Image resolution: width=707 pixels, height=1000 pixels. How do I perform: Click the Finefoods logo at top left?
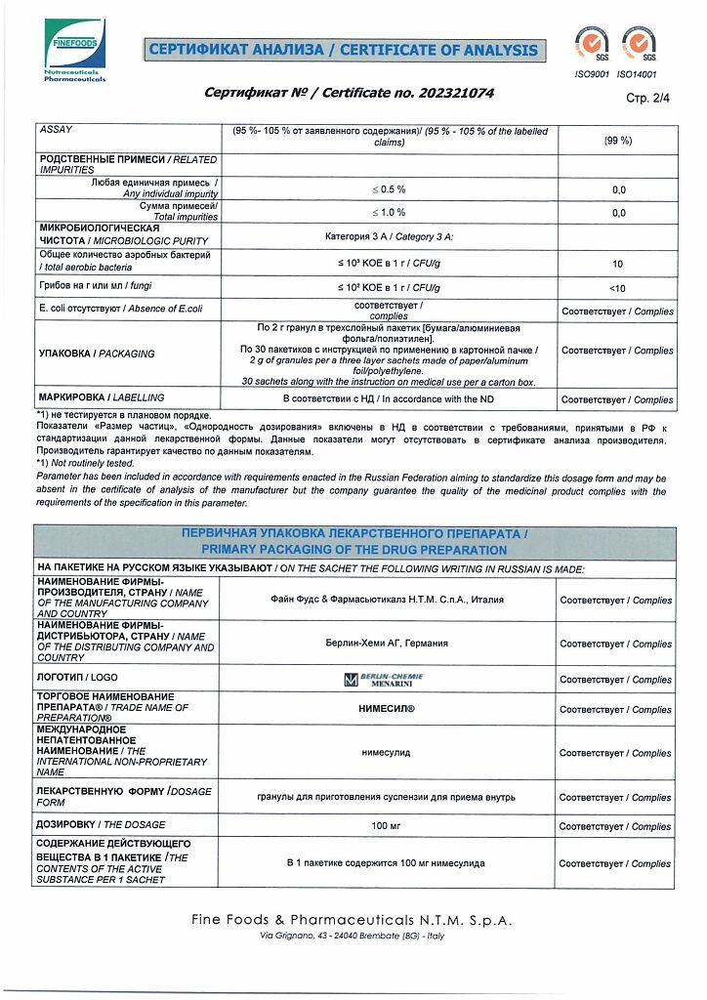pos(75,50)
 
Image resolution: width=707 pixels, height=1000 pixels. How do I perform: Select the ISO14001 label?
pos(638,73)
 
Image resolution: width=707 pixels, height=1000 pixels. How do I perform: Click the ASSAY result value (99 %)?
pos(618,141)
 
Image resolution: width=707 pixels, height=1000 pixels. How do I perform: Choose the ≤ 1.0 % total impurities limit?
pos(388,212)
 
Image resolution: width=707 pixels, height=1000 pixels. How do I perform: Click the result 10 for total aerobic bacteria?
pos(618,264)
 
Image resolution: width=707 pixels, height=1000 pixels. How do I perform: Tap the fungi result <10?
pos(618,288)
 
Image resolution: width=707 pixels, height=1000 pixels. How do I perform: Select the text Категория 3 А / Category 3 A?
pos(389,237)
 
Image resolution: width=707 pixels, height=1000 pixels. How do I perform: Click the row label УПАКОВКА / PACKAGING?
pos(96,354)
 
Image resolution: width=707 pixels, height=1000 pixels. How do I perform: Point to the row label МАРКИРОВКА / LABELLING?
pos(101,398)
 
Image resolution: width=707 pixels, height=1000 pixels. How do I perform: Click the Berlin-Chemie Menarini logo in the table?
pos(388,679)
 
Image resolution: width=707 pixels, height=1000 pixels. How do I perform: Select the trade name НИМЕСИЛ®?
pos(388,710)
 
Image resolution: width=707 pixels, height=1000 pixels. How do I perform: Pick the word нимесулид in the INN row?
pos(388,753)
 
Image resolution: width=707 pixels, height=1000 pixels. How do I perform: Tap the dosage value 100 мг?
pos(388,826)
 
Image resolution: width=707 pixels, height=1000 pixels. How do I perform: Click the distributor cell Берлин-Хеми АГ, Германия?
pos(388,644)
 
